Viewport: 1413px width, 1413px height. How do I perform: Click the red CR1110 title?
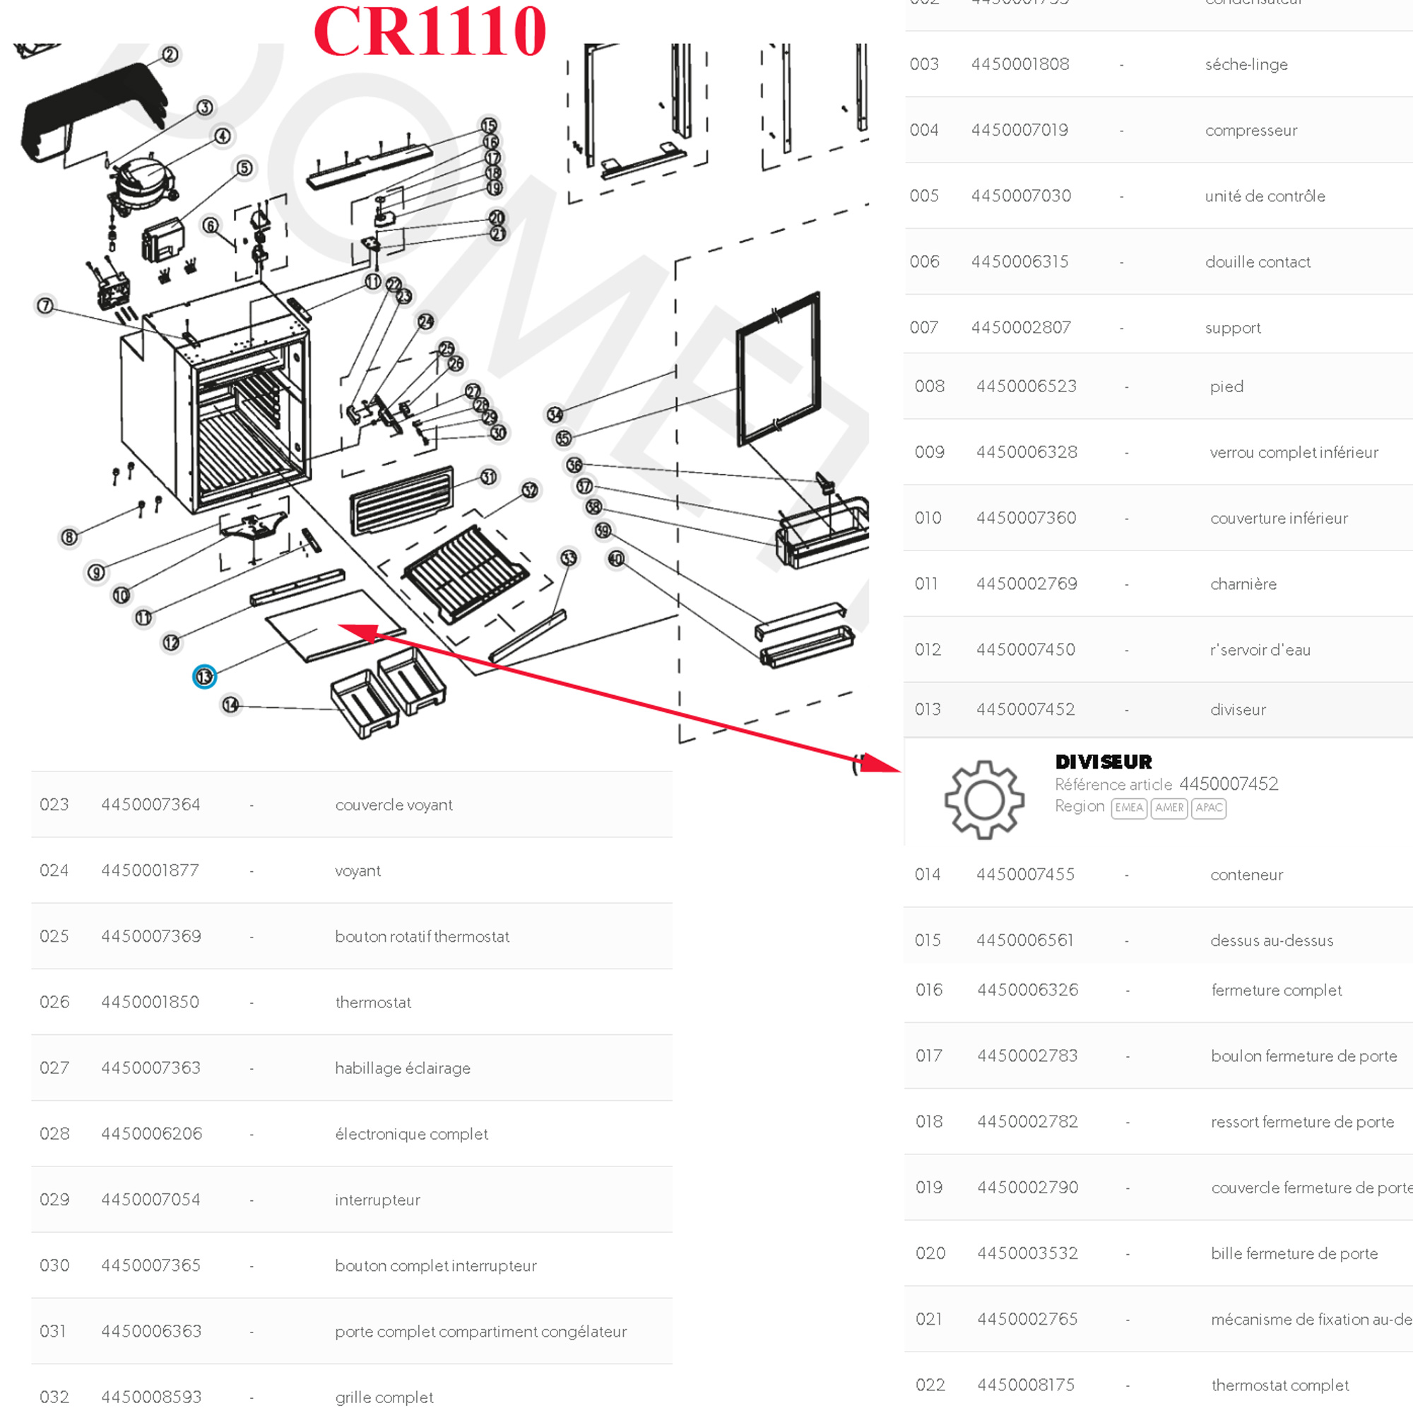point(430,32)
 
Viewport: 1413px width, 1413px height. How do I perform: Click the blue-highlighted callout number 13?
point(204,677)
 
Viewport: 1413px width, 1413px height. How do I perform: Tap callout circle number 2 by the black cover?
point(170,55)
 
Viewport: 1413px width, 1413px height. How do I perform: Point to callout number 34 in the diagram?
point(555,415)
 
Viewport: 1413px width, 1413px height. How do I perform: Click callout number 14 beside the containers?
point(230,704)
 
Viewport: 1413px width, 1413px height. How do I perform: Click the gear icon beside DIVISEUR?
point(983,799)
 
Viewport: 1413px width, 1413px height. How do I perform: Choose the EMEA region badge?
point(1128,808)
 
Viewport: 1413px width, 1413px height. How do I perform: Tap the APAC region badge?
point(1208,808)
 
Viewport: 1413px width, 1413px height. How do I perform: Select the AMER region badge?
point(1169,808)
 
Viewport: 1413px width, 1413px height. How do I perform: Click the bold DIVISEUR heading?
point(1103,762)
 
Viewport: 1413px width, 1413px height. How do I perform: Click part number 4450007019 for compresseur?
point(1019,130)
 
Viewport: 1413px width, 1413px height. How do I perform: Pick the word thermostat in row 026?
point(373,1002)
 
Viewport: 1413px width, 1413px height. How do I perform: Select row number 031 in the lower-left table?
point(54,1331)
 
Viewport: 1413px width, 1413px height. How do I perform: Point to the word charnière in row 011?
point(1243,584)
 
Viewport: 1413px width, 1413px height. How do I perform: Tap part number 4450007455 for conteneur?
point(1025,874)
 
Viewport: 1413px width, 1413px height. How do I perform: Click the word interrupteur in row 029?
point(377,1200)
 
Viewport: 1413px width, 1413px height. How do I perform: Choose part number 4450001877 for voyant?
point(150,870)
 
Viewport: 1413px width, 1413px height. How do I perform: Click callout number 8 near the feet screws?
point(69,538)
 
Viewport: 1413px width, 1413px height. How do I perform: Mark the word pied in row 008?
point(1226,386)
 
